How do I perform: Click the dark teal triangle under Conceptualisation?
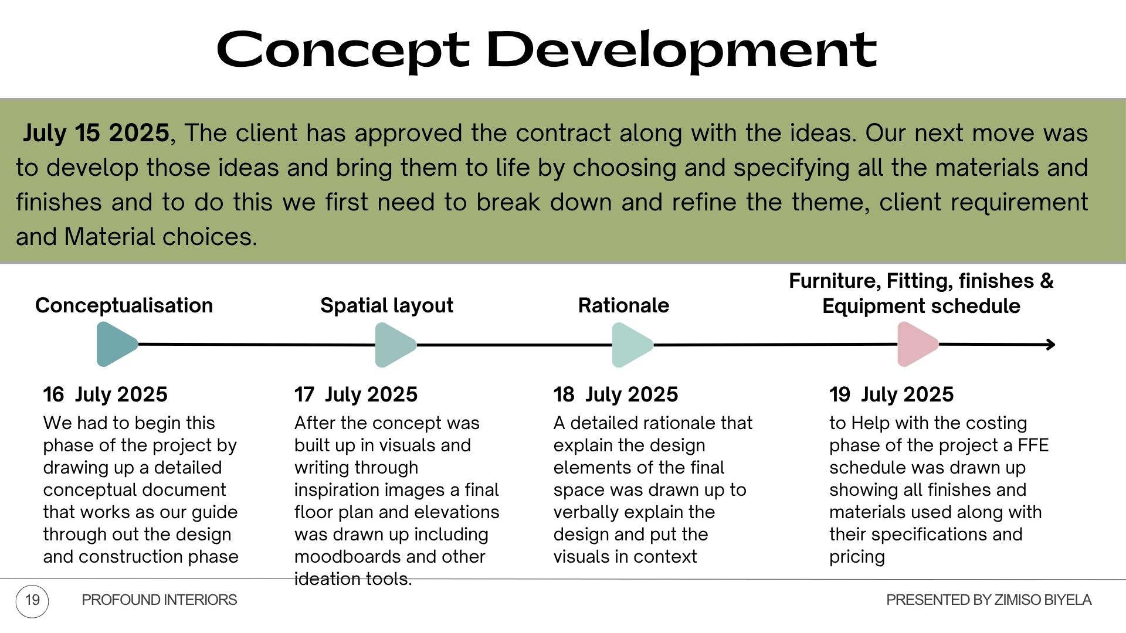tap(116, 344)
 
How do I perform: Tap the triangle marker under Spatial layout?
tap(394, 345)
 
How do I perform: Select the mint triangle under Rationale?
tap(631, 345)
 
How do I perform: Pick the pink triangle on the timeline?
tap(917, 345)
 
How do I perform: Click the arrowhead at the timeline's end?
tap(1050, 345)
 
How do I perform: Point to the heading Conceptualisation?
tap(124, 305)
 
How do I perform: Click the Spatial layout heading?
tap(386, 305)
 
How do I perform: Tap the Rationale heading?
tap(623, 305)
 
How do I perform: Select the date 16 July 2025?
tap(105, 394)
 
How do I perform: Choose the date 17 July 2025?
tap(356, 394)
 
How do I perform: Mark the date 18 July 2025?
tap(616, 394)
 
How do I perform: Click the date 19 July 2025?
tap(891, 394)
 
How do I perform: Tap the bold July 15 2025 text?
tap(96, 133)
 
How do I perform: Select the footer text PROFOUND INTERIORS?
tap(160, 600)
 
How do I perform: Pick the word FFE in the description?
tap(1033, 445)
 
